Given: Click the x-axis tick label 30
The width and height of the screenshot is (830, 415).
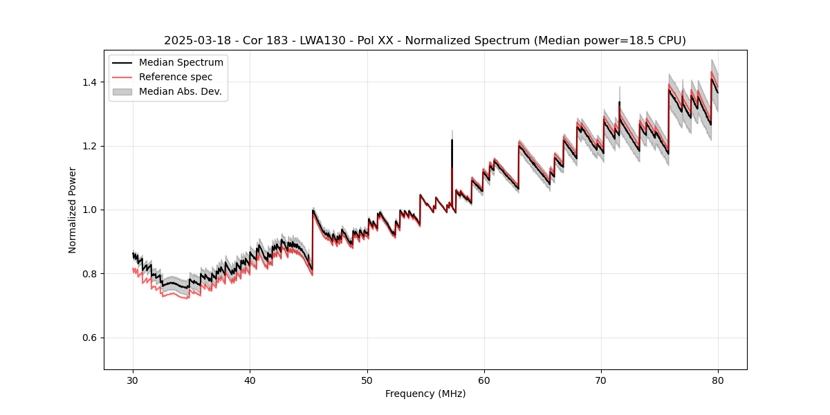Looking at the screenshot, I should (x=133, y=380).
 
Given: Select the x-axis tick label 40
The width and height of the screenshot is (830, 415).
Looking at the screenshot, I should (x=250, y=380).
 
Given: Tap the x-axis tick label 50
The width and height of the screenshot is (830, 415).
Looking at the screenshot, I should (x=367, y=380).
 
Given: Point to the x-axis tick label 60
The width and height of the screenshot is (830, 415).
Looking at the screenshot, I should (x=484, y=380).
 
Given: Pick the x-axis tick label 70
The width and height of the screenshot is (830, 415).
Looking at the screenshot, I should (x=601, y=380).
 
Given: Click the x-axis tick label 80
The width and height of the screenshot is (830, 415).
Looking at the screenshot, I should (x=718, y=380).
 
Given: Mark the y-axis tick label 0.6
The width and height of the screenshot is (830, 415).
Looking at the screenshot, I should (x=90, y=338).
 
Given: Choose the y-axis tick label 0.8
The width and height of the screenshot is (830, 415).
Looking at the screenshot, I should (x=90, y=274).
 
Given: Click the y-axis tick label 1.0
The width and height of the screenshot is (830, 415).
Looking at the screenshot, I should (x=90, y=210).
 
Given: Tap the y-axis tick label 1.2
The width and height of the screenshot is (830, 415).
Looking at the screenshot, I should (x=90, y=146).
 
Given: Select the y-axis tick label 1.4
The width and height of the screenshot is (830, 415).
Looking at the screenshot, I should (x=90, y=82).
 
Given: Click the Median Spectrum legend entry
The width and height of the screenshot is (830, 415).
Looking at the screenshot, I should (x=181, y=63).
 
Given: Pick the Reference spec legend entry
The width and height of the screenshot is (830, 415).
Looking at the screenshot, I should (x=176, y=77).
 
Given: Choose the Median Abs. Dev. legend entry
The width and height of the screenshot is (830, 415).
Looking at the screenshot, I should (x=180, y=91).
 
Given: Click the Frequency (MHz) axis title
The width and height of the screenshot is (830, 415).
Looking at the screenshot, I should (x=425, y=394).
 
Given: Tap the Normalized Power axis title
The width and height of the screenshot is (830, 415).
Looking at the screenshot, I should (x=73, y=210).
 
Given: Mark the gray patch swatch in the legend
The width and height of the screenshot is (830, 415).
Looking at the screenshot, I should (x=122, y=91).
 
